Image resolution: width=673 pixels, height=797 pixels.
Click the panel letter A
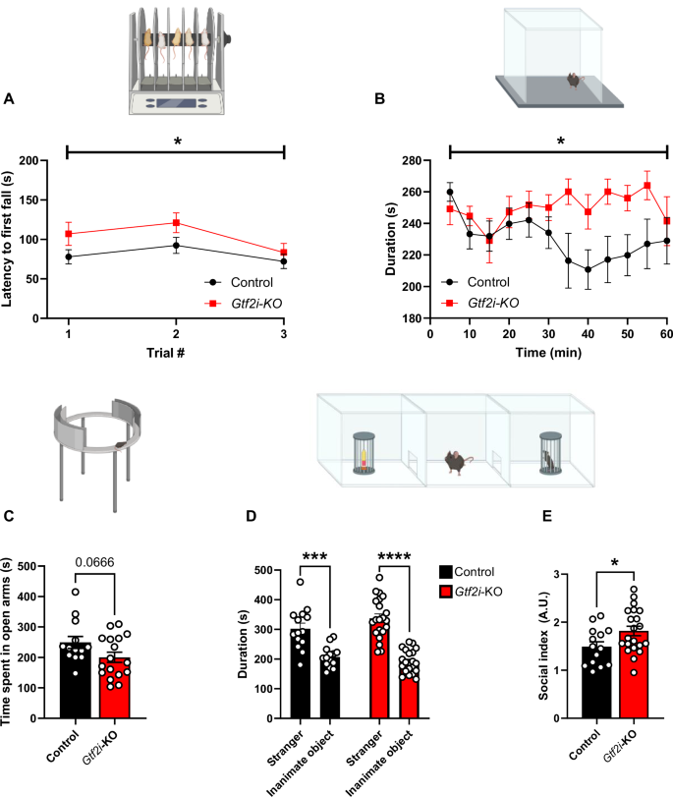[9, 99]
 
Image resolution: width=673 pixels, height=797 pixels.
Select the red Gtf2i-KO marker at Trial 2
[176, 222]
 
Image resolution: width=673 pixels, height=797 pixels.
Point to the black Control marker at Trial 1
[68, 256]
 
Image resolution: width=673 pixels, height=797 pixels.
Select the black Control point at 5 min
[450, 192]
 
